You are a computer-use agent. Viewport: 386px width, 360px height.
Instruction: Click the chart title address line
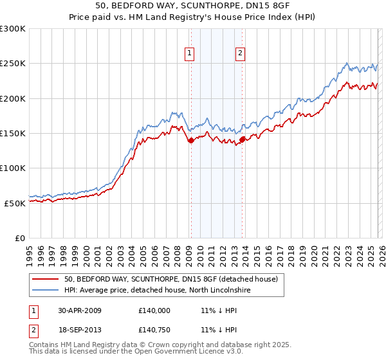click(x=192, y=6)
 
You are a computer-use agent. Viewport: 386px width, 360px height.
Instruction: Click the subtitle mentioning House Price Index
click(x=192, y=17)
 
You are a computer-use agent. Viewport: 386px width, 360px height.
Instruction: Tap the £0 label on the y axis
click(x=19, y=238)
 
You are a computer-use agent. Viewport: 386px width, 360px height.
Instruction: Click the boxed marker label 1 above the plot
click(x=190, y=54)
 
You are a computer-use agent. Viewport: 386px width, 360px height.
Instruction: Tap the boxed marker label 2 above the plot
click(x=240, y=54)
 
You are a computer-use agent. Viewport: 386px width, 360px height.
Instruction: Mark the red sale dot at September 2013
click(x=241, y=139)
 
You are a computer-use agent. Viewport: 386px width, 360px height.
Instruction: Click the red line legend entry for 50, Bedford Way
click(x=170, y=279)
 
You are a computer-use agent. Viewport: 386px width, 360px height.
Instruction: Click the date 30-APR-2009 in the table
click(x=80, y=310)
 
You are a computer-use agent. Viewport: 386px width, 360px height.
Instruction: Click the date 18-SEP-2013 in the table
click(x=80, y=330)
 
